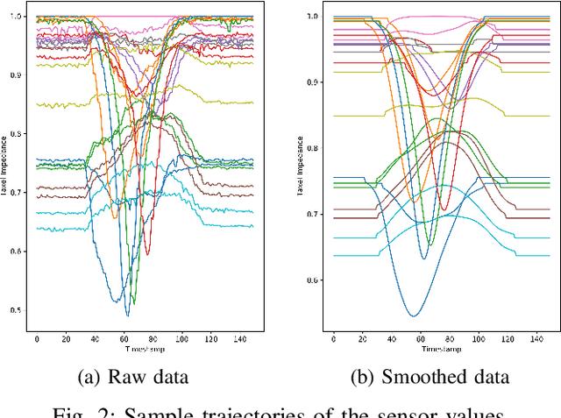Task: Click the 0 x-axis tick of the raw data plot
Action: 37,337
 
